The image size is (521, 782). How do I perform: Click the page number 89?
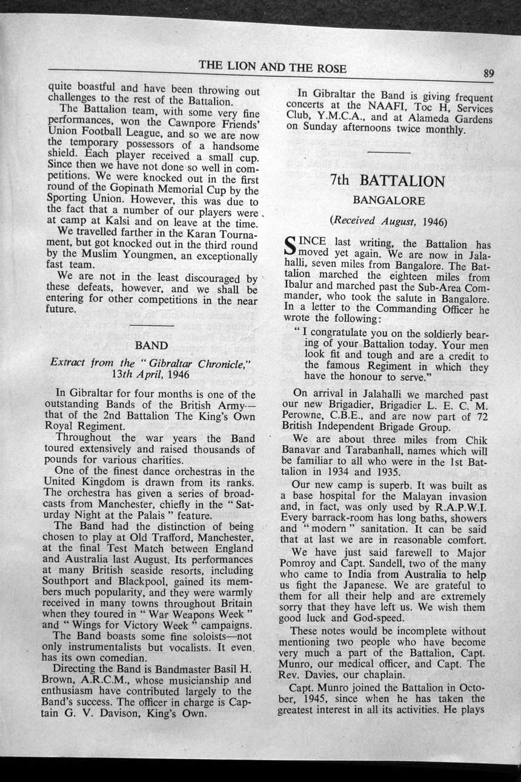[489, 74]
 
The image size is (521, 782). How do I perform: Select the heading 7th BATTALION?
[388, 181]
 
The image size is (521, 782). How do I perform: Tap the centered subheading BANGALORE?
[389, 200]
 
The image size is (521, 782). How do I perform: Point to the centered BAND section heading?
[151, 346]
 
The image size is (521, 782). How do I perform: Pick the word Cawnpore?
[183, 125]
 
